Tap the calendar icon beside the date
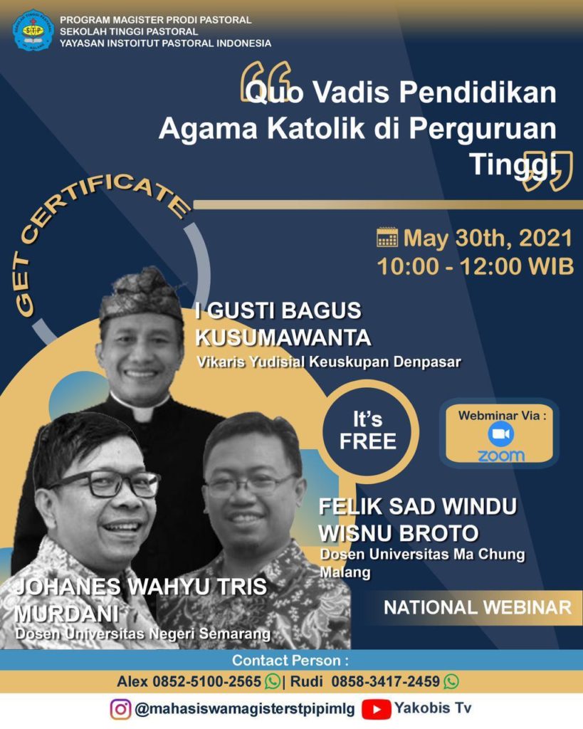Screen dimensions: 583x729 pos(387,237)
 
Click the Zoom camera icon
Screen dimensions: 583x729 pos(500,434)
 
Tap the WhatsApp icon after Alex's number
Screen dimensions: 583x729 pos(273,681)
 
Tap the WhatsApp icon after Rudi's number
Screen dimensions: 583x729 pos(451,681)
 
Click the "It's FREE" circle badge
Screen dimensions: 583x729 pos(368,431)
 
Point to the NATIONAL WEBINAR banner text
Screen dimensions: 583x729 pos(478,607)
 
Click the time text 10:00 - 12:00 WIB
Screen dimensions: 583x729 pos(475,266)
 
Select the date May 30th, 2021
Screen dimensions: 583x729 pos(488,238)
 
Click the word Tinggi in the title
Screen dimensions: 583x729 pos(513,164)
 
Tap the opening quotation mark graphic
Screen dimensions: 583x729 pos(266,82)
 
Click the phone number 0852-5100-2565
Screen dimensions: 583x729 pos(207,681)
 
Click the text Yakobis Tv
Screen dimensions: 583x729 pos(433,708)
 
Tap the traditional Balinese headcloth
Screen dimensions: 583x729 pos(140,294)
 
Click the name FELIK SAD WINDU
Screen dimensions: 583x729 pos(417,506)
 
